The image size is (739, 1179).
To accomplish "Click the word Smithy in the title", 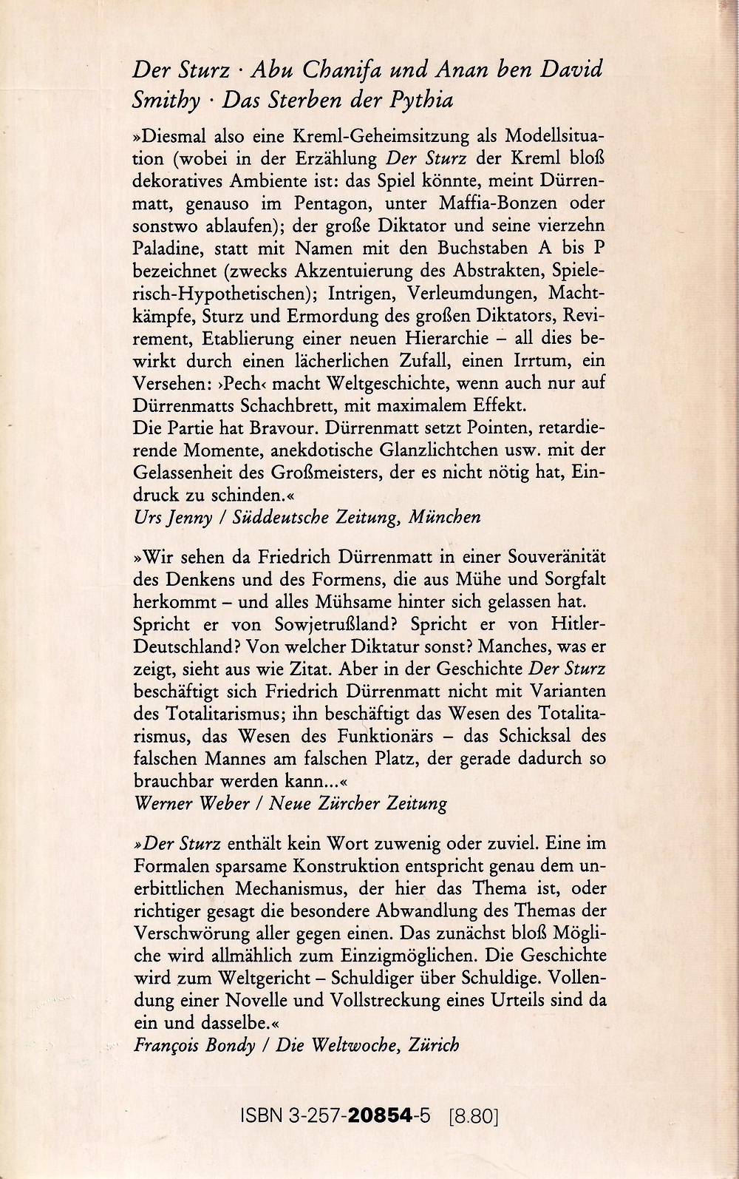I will tap(166, 101).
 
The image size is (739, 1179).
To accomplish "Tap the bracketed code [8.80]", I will tap(474, 1115).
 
